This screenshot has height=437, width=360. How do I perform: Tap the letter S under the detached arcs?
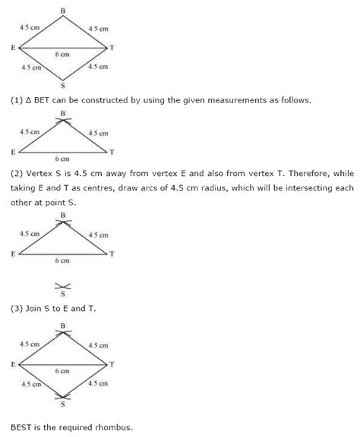tap(63, 294)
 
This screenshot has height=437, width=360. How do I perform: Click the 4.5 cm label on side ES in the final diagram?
tap(30, 383)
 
